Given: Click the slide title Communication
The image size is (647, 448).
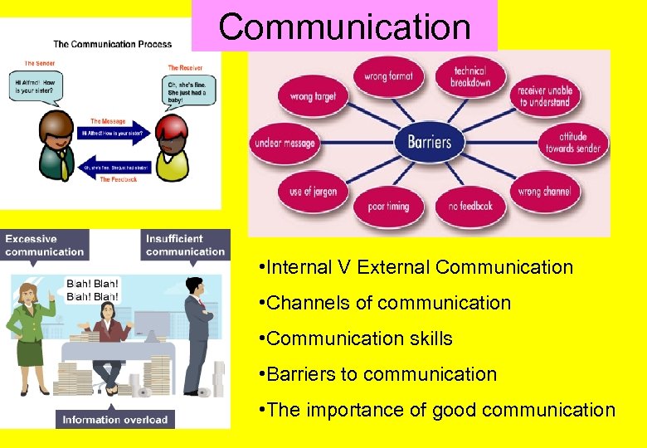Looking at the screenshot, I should click(344, 27).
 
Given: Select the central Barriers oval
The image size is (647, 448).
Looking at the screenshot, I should click(429, 142).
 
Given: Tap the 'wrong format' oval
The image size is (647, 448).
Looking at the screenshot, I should click(388, 77).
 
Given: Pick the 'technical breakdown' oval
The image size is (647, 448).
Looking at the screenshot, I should click(470, 77).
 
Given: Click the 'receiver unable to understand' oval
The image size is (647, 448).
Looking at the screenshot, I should click(544, 96).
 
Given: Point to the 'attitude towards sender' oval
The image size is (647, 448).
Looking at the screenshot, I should click(572, 143).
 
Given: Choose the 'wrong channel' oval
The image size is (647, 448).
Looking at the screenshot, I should click(543, 192).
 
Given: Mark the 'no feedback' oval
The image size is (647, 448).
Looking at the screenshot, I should click(470, 205).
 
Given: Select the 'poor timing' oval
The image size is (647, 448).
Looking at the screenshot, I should click(388, 206).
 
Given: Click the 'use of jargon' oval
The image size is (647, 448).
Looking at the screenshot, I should click(313, 192).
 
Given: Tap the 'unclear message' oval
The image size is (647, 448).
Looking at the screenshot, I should click(285, 143).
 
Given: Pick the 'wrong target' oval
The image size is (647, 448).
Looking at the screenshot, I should click(313, 96).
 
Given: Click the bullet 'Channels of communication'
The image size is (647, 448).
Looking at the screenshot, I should click(388, 303).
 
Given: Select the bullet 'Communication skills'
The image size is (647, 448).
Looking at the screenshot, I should click(360, 338).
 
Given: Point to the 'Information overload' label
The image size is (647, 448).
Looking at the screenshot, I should click(115, 419).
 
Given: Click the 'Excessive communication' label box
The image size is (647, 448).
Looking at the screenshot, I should click(45, 245).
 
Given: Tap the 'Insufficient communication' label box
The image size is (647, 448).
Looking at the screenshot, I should click(185, 245).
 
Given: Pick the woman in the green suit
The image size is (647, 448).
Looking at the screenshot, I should click(31, 332).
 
